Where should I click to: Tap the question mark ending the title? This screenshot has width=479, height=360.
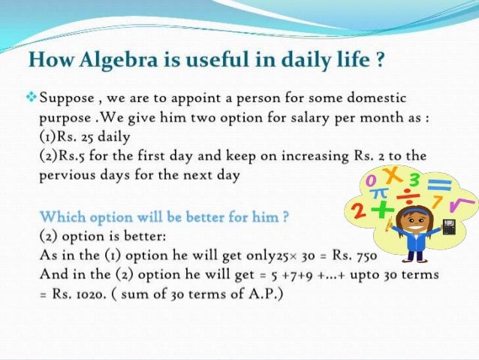coord(381,59)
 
